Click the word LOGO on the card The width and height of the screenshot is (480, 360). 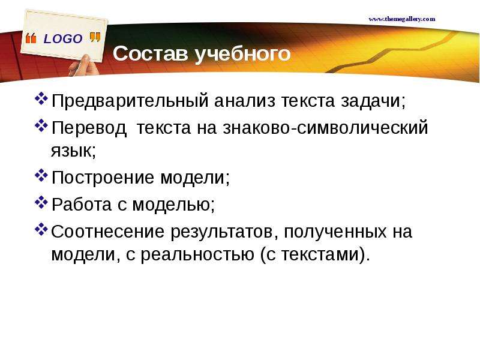(x=63, y=39)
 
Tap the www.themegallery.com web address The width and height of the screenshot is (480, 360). (x=402, y=19)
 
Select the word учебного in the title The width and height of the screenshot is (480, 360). (x=242, y=54)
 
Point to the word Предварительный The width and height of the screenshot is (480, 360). (x=130, y=101)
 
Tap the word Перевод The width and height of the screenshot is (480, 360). (x=89, y=128)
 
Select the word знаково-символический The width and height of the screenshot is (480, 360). (x=325, y=128)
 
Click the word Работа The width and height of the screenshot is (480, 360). (x=82, y=204)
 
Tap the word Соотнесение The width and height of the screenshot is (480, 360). (x=107, y=232)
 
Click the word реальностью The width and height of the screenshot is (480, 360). (x=197, y=254)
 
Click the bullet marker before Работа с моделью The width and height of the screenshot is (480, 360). (x=41, y=202)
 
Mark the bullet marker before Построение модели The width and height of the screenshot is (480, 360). (x=41, y=176)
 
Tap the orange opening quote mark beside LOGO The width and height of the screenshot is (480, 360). (x=31, y=38)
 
